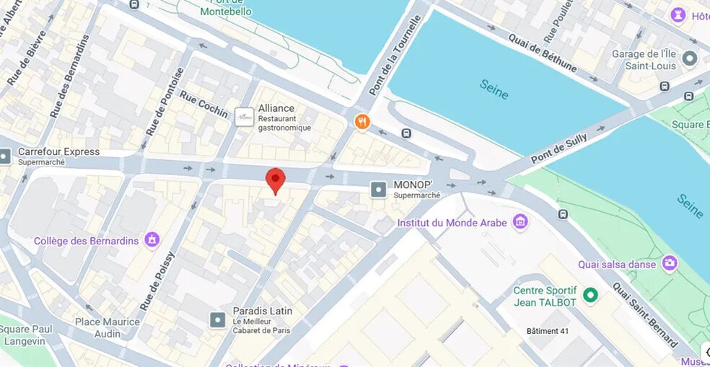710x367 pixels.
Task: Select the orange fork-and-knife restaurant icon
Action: (362, 122)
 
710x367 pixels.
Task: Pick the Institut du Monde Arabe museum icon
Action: (520, 223)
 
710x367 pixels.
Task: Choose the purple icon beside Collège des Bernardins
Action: (152, 240)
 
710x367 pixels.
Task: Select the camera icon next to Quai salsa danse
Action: (670, 264)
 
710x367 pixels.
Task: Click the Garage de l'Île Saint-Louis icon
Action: (690, 59)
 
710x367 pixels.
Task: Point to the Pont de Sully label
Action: (560, 147)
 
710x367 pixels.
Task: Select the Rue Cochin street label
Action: (203, 104)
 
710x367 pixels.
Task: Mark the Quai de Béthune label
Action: (542, 53)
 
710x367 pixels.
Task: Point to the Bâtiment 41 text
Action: (553, 331)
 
